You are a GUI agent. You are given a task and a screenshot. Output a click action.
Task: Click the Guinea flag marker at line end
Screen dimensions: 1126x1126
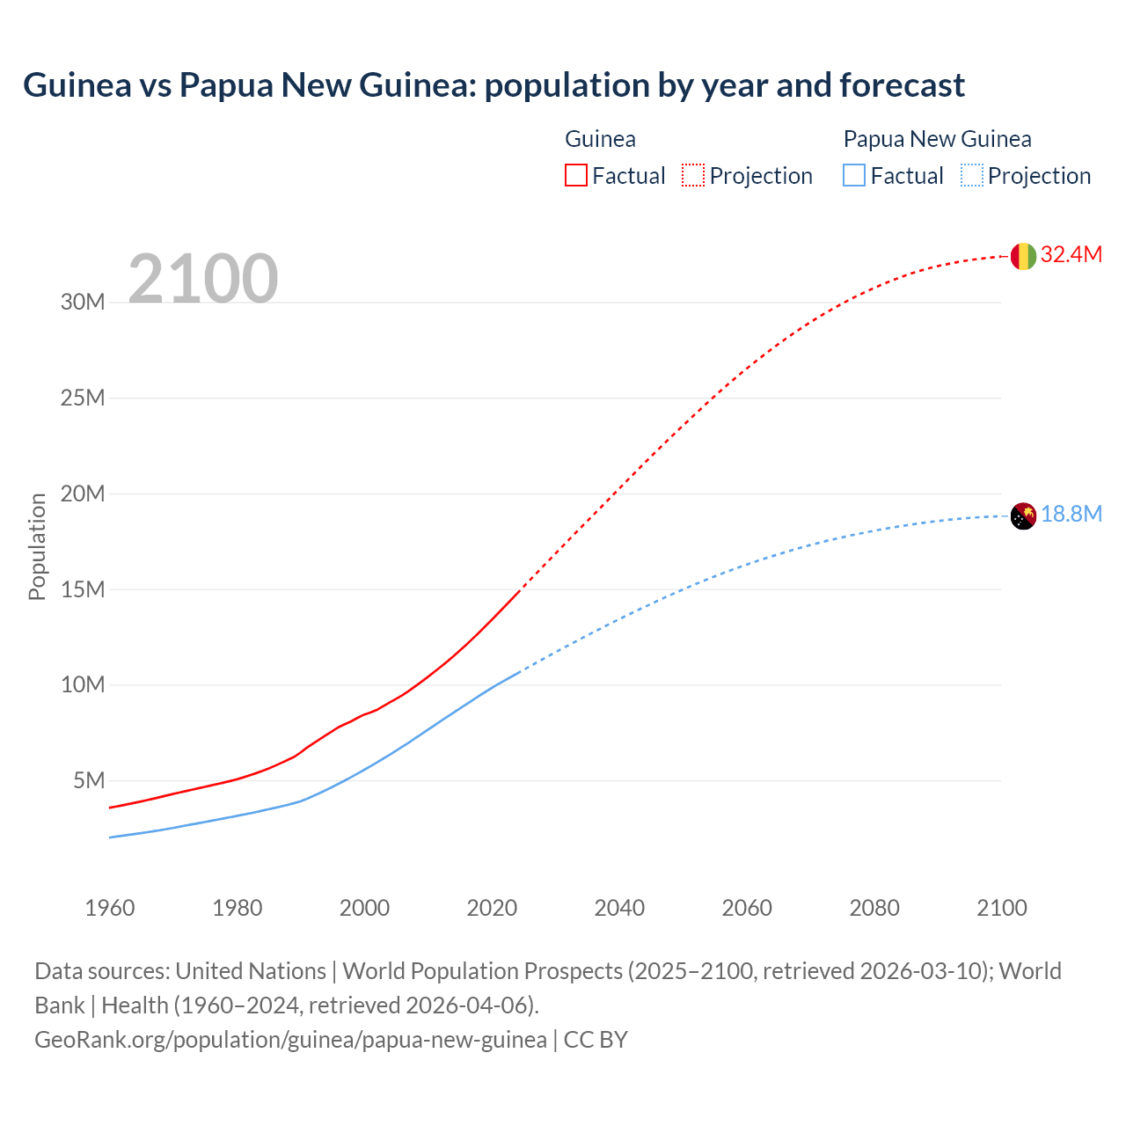(1023, 256)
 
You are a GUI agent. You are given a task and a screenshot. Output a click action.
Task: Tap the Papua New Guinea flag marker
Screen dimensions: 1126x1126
(1023, 516)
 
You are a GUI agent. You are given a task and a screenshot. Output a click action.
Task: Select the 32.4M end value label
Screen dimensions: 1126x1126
(1071, 255)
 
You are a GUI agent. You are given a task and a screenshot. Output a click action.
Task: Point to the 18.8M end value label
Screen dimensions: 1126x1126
(1071, 515)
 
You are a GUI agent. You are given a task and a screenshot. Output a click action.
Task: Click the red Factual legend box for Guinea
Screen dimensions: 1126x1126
(575, 176)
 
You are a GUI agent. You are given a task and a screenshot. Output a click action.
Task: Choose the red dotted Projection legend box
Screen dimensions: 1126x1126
(693, 176)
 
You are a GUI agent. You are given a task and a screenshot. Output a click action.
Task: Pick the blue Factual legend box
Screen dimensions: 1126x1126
(854, 176)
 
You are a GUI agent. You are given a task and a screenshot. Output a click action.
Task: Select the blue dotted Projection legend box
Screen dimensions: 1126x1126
(972, 176)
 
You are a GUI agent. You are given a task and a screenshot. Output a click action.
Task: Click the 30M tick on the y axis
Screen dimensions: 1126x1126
(83, 303)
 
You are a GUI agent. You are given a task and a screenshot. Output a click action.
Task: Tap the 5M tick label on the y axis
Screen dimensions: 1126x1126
(89, 781)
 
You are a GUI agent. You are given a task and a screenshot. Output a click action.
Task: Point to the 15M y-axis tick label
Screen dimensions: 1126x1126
(83, 589)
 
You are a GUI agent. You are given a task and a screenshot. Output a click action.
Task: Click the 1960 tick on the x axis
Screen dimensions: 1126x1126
(110, 908)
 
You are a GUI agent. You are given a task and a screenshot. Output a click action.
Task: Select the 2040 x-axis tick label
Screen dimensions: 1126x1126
(619, 908)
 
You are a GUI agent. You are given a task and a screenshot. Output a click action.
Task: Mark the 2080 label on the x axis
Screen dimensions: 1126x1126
(874, 908)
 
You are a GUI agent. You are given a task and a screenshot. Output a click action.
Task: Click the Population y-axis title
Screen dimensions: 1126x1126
(37, 546)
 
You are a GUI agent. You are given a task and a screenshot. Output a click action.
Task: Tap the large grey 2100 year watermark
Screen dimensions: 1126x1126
(203, 279)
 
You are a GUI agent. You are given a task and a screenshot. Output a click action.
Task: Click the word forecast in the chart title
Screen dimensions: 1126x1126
(902, 85)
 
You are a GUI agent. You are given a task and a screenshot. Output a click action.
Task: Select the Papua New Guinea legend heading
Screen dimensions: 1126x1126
(937, 139)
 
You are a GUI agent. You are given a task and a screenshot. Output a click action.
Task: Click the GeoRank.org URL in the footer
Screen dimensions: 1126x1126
(290, 1040)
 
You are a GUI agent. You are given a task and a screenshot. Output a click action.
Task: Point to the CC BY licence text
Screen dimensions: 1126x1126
(596, 1040)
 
